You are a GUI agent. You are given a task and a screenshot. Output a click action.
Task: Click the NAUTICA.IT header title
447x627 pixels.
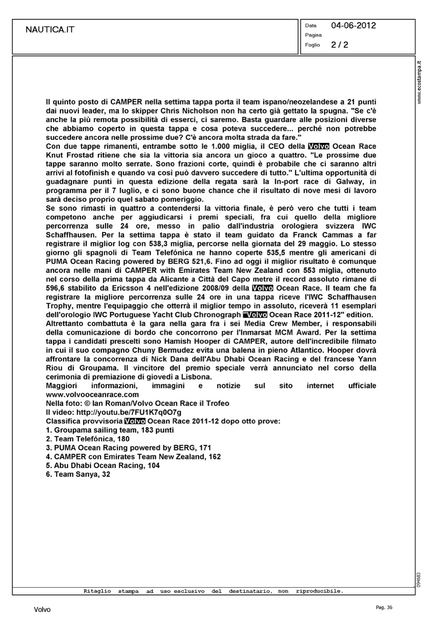tap(50, 30)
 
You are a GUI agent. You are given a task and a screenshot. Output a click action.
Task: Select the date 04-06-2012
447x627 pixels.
tap(353, 25)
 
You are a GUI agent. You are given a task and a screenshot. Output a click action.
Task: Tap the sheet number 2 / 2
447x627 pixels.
tap(340, 45)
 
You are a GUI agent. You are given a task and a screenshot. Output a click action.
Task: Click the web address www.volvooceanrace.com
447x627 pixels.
tap(92, 395)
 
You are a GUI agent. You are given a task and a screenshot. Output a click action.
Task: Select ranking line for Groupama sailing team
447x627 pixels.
tap(110, 430)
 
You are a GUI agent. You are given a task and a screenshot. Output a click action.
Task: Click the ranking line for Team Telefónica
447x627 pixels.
tap(88, 439)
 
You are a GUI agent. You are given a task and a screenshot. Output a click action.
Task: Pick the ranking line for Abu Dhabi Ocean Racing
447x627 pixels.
tap(103, 466)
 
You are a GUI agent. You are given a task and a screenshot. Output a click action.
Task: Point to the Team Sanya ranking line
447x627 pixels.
tap(78, 474)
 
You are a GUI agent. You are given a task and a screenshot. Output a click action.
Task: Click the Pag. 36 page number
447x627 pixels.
tap(384, 607)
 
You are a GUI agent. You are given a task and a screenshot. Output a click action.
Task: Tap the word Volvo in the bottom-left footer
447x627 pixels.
tap(42, 610)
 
